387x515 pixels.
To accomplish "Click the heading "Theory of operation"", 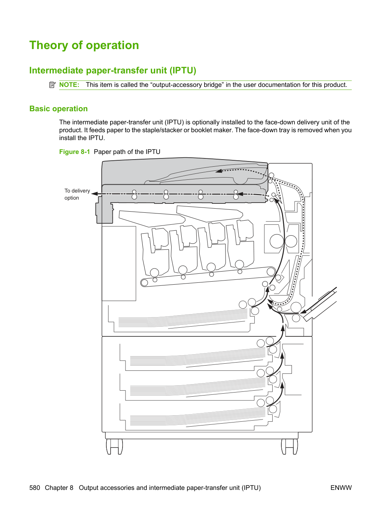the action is pos(84,45).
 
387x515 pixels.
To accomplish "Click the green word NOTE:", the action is pos(69,85).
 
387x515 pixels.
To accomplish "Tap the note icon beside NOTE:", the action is pos(52,85).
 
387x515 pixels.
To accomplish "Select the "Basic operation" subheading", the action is pos(58,109).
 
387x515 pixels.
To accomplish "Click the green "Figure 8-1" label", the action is pos(75,152).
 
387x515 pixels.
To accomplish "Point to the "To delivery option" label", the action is pos(77,194).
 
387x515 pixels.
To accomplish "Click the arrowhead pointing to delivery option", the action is pos(94,194).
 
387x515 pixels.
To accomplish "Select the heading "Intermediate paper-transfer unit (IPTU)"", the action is pos(113,70).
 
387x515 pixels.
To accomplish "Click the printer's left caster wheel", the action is pos(114,446).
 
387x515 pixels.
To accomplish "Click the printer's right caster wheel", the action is pos(289,446).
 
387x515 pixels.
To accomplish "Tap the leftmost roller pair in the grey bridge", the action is pos(134,194).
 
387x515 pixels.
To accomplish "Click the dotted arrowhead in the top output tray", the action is pos(219,171).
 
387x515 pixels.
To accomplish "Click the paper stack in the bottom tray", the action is pos(197,414).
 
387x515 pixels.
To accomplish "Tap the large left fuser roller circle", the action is pos(277,241).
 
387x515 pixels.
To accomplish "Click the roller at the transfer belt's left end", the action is pos(145,283).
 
